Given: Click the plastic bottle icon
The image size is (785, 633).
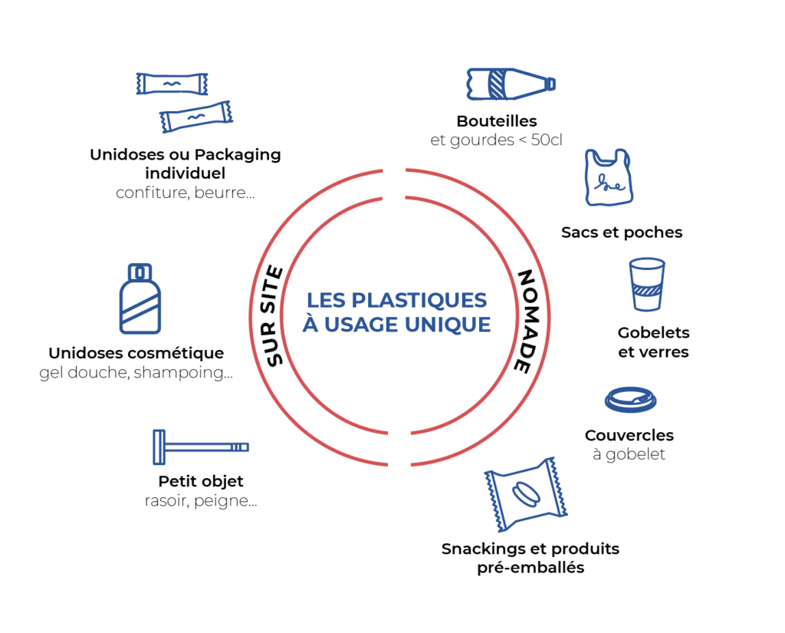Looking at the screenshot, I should [510, 84].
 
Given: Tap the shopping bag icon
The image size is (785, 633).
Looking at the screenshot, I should [607, 178].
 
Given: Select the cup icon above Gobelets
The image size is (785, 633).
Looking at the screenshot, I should [646, 285].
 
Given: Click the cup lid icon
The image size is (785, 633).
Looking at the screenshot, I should [630, 400].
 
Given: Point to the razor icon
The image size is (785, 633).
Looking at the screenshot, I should [200, 447].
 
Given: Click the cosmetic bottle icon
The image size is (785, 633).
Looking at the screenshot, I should [140, 298].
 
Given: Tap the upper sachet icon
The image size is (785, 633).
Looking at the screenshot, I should [172, 84].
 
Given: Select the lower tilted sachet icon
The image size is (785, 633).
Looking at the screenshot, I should [196, 117].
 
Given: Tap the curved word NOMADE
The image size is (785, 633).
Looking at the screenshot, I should [524, 321].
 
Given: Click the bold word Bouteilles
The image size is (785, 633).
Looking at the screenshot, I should [496, 121].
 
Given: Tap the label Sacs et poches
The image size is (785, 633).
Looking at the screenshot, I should [621, 232].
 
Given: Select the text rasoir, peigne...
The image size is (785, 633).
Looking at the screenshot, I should [200, 501].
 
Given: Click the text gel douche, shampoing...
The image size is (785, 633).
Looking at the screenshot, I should [136, 373].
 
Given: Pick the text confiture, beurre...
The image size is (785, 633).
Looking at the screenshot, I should [185, 193].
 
